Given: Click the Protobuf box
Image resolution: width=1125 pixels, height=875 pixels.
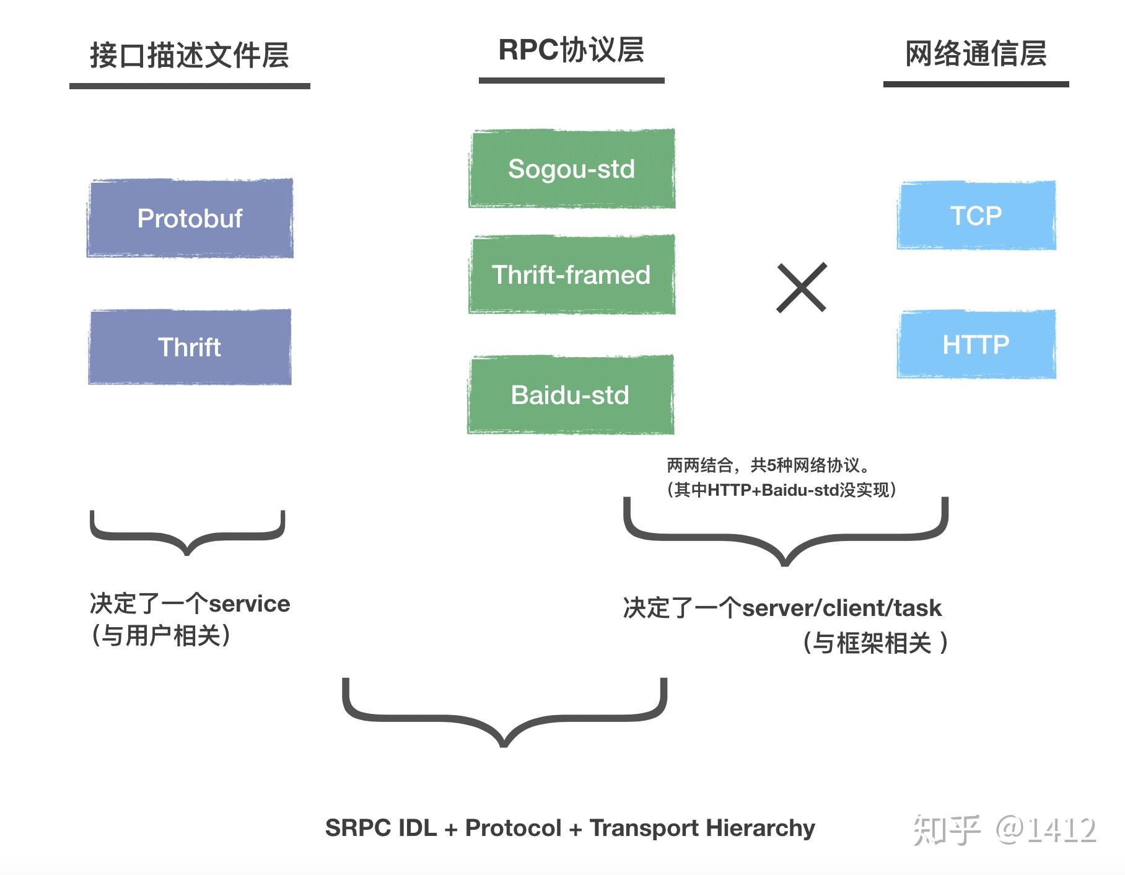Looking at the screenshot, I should tap(190, 218).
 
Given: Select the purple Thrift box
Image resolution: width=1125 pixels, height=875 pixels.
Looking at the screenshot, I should tap(190, 347).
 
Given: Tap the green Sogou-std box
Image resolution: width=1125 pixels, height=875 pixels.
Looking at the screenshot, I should tap(571, 169).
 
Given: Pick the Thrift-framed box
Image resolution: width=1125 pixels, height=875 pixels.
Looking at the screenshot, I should tap(571, 275).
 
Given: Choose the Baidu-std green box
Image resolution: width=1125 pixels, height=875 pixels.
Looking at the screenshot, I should tap(570, 395).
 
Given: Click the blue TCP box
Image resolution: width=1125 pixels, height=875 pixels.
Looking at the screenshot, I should tap(976, 216).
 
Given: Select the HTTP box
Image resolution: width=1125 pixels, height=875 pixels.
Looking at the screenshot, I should tap(976, 344).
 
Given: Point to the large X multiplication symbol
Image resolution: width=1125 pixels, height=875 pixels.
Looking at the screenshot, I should tap(801, 287).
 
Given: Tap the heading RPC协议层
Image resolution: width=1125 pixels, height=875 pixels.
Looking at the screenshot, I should tap(571, 50).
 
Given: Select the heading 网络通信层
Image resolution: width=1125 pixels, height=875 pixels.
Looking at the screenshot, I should tap(976, 53).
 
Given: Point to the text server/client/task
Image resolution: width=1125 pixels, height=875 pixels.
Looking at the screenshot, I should tap(841, 608).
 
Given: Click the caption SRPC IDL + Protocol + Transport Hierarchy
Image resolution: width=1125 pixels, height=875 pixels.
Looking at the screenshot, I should tap(570, 828).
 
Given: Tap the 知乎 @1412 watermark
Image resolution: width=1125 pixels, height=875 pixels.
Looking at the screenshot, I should tap(1004, 830).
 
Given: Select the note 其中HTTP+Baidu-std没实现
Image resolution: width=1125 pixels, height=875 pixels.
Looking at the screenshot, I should tap(782, 490).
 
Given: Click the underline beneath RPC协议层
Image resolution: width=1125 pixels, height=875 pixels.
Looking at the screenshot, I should tap(571, 81).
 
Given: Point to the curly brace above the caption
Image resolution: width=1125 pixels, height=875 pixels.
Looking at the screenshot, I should tap(504, 713).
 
